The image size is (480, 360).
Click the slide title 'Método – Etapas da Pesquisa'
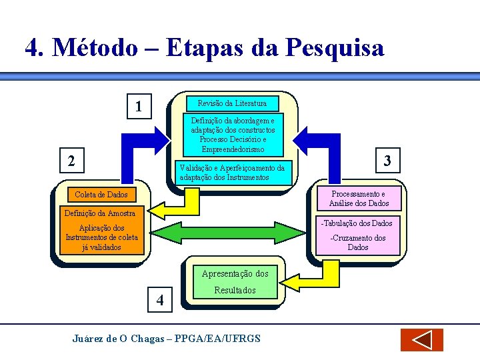coord(204,48)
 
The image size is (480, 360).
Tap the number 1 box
coord(138,107)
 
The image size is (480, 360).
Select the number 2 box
coord(71,160)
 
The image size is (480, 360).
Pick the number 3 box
coord(386,160)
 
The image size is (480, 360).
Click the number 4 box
coord(159,300)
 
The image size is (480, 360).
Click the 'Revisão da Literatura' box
coord(232,103)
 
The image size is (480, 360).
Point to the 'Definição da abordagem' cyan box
coord(232,135)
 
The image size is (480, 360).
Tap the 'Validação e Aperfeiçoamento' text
coord(232,173)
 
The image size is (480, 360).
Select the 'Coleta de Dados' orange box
coord(101,194)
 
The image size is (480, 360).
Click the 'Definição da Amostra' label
coord(99,213)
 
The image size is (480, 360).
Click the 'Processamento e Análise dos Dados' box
coord(359,199)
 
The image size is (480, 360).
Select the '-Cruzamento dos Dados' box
coord(358,243)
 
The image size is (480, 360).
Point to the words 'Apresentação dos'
coord(235,273)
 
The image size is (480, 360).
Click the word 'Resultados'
coord(235,291)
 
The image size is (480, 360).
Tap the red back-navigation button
coord(421,340)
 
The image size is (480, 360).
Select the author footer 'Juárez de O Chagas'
coord(166,339)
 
